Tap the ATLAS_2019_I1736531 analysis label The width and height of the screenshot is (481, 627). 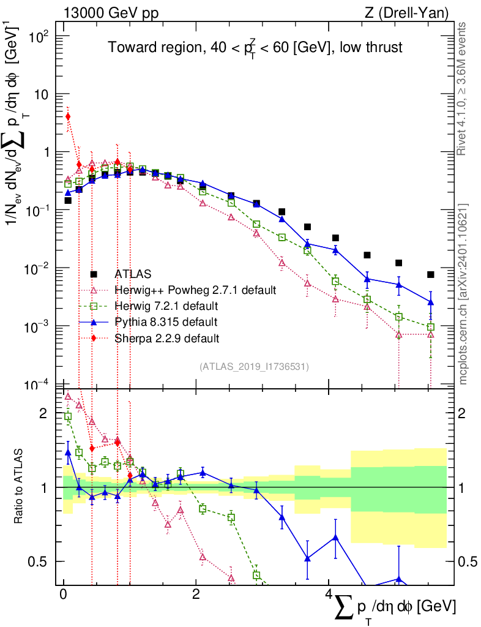click(x=254, y=367)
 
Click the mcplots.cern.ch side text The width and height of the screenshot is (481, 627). click(x=463, y=294)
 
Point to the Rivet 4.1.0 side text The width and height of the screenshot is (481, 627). click(x=463, y=89)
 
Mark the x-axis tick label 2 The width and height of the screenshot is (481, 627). click(x=195, y=595)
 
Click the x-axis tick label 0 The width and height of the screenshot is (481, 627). click(x=63, y=595)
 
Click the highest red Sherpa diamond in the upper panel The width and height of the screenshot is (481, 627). click(x=68, y=116)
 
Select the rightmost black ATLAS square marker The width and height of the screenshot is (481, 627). click(x=431, y=274)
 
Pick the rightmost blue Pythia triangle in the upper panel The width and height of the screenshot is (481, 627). click(x=431, y=302)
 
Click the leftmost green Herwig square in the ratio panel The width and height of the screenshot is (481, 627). click(x=68, y=416)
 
